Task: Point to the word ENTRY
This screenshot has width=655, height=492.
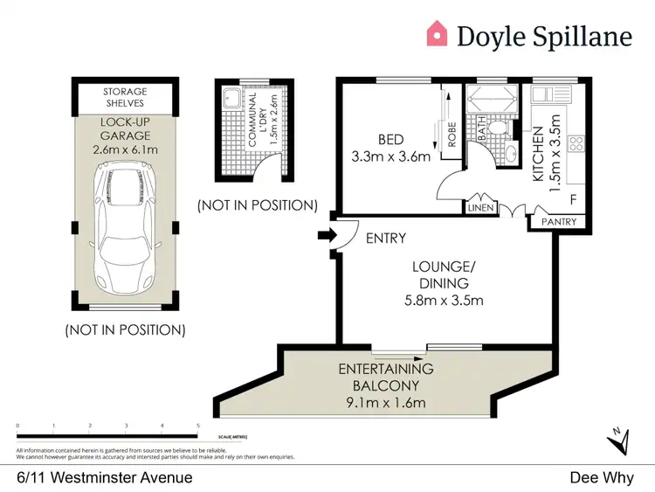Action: pos(385,238)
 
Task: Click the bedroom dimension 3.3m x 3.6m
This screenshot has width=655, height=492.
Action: pos(392,157)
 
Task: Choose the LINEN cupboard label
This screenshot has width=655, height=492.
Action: pos(483,207)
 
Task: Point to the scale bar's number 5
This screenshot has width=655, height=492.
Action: pos(199,426)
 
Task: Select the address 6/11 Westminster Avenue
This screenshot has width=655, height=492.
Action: pos(105,478)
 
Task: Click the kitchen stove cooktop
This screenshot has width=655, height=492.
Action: pos(576,142)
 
